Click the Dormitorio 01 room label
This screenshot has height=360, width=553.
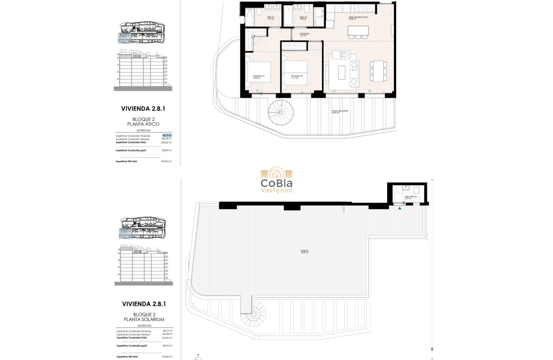(258, 78)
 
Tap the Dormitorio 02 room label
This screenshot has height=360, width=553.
(297, 77)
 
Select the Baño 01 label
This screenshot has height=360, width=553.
(270, 18)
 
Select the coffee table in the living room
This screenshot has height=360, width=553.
(342, 72)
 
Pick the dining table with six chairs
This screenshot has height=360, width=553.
(378, 71)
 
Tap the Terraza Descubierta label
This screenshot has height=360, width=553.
(340, 111)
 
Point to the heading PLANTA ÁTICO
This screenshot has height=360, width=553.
(144, 124)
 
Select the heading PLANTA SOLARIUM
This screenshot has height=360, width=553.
(144, 319)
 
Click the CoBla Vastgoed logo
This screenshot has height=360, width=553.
(276, 181)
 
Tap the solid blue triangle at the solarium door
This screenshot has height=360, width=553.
(400, 208)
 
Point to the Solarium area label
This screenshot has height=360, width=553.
(305, 252)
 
